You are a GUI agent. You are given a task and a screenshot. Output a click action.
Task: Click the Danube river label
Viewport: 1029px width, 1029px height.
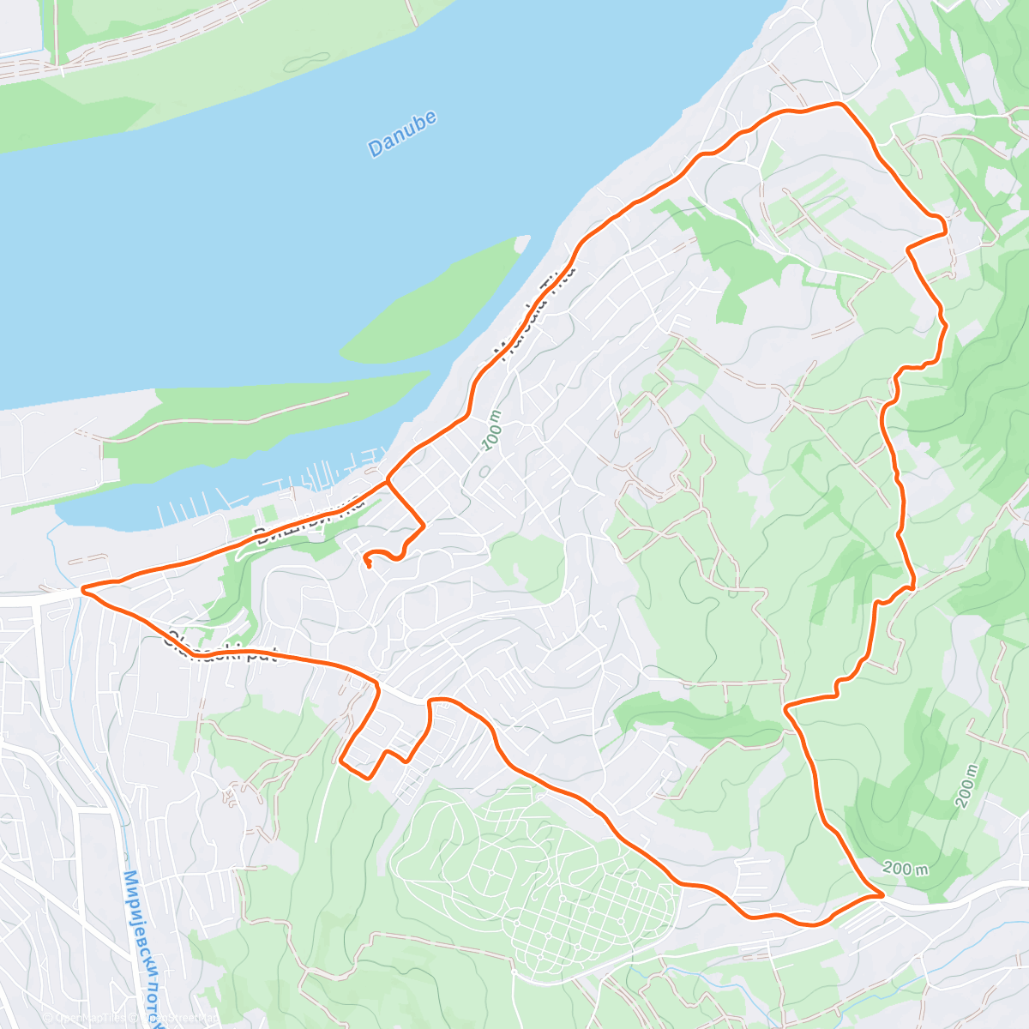tap(402, 134)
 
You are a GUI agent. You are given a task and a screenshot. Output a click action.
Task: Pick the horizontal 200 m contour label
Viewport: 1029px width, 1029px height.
tap(905, 870)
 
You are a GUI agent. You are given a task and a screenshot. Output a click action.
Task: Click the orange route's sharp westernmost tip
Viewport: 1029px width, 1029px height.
tap(82, 589)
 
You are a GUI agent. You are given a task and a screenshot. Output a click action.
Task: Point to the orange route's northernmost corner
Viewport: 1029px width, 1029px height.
tap(839, 103)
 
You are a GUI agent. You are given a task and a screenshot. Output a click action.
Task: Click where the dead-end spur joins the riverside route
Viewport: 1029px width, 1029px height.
tap(388, 481)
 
